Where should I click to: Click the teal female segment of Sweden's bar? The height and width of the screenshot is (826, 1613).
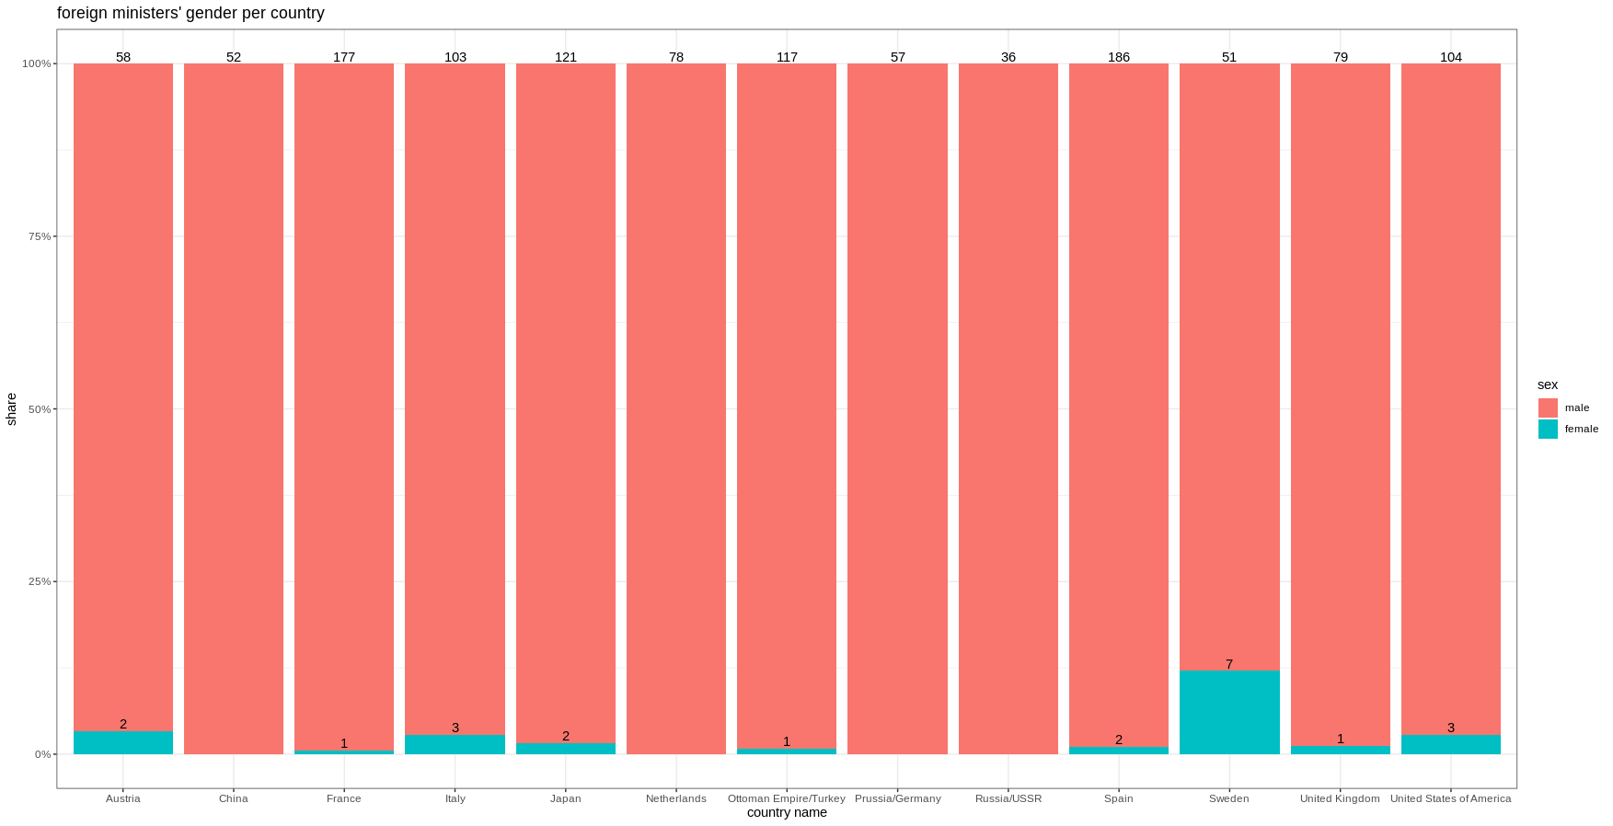coord(1229,713)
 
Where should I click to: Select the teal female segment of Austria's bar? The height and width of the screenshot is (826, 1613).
coord(123,743)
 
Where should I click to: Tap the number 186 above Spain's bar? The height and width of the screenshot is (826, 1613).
coord(1119,57)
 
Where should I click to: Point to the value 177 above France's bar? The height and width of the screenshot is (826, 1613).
coord(344,57)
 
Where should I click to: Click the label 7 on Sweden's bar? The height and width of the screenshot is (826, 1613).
coord(1229,664)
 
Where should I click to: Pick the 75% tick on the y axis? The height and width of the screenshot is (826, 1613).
coord(40,236)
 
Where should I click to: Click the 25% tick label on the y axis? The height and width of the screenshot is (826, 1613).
coord(40,581)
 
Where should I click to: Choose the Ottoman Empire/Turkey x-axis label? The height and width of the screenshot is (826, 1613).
coord(787,798)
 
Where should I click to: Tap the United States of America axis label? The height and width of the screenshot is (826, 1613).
coord(1450,798)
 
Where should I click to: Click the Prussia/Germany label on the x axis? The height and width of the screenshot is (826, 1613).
coord(898,798)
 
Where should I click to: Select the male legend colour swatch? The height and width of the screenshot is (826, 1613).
coord(1548,407)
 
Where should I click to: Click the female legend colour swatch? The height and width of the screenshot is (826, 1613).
coord(1548,429)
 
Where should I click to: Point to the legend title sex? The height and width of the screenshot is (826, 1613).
coord(1548,384)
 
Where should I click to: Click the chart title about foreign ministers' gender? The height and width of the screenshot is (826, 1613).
coord(190,13)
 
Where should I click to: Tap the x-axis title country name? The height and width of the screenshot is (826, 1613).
coord(787,812)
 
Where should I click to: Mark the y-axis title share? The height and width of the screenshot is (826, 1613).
coord(11,409)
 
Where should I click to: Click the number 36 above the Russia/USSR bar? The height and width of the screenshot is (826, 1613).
coord(1008,57)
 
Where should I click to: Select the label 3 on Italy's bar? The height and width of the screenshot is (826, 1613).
coord(455,728)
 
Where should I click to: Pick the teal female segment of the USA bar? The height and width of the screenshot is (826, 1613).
coord(1451,745)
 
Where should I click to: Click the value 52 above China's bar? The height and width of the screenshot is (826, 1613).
coord(234,57)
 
